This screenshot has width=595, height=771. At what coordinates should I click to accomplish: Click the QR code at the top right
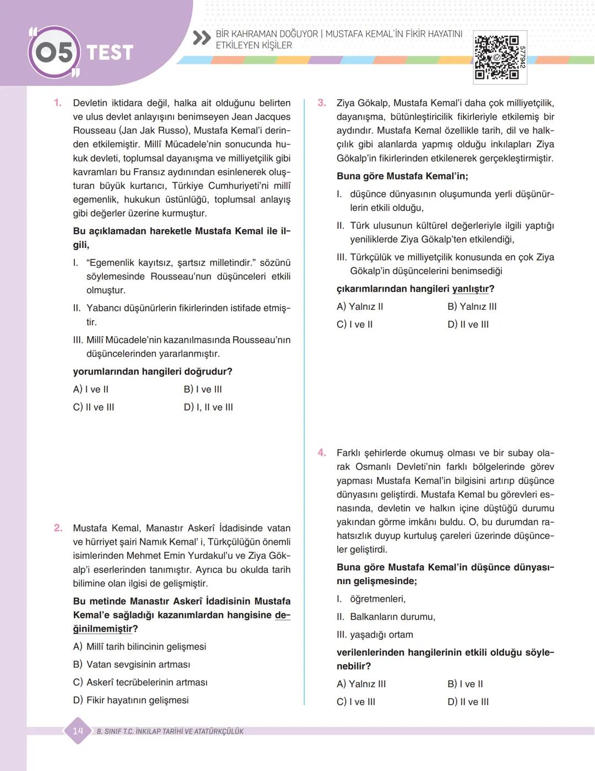click(496, 57)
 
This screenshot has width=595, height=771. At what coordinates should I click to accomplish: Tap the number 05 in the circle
click(53, 52)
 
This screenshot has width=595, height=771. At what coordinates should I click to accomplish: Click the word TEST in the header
click(110, 53)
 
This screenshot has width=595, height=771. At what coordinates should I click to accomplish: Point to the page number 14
click(78, 731)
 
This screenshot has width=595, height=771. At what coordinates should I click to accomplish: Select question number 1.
click(58, 103)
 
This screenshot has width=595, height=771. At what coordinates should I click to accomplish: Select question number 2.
click(58, 528)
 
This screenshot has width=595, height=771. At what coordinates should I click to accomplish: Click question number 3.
click(322, 103)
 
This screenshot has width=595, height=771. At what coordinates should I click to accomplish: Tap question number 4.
click(322, 453)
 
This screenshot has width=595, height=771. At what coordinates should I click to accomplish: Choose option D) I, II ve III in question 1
click(208, 407)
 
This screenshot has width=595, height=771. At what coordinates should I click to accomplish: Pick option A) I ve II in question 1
click(91, 390)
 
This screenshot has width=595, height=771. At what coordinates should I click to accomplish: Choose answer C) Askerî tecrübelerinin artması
click(140, 682)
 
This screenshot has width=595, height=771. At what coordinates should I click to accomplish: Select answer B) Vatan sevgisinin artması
click(132, 665)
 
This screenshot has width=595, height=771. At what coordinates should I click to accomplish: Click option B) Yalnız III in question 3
click(472, 307)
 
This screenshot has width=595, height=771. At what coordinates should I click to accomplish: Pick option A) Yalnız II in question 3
click(360, 307)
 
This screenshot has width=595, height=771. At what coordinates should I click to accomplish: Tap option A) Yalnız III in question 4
click(361, 684)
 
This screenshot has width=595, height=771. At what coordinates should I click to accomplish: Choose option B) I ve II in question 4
click(466, 684)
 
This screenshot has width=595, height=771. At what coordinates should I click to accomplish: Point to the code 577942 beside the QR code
click(522, 57)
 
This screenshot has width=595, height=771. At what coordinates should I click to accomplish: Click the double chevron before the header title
click(202, 38)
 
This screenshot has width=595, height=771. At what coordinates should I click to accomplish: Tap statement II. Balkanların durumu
click(386, 617)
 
